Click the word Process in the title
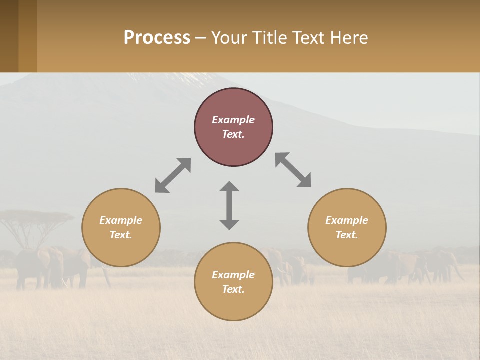coord(157,38)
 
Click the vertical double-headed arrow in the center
coord(229,205)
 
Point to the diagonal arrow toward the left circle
coord(173,175)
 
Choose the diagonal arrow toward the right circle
coord(293,170)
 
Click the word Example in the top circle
coord(233,120)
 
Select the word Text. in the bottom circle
coord(233,289)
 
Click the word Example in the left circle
coord(121,220)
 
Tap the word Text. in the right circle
coord(347,235)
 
